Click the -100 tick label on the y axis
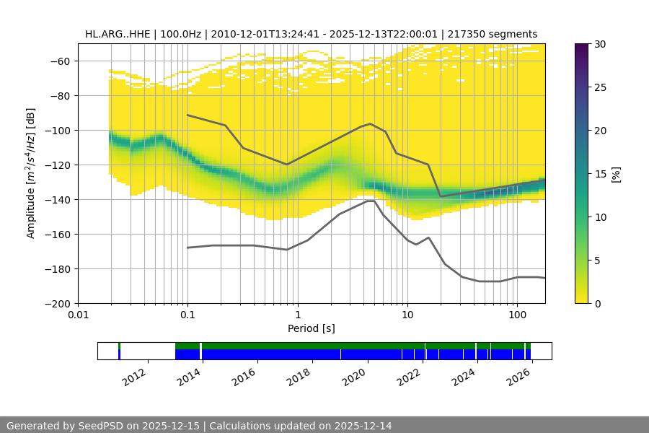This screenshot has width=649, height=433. pos(60,131)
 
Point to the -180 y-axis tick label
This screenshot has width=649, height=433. pos(60,269)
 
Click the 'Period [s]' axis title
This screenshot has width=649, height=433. pos(312,328)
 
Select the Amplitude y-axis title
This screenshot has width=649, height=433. pos(30,173)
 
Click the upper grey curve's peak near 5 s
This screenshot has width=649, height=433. pos(371,123)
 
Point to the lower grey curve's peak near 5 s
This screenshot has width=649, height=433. pos(371,201)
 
